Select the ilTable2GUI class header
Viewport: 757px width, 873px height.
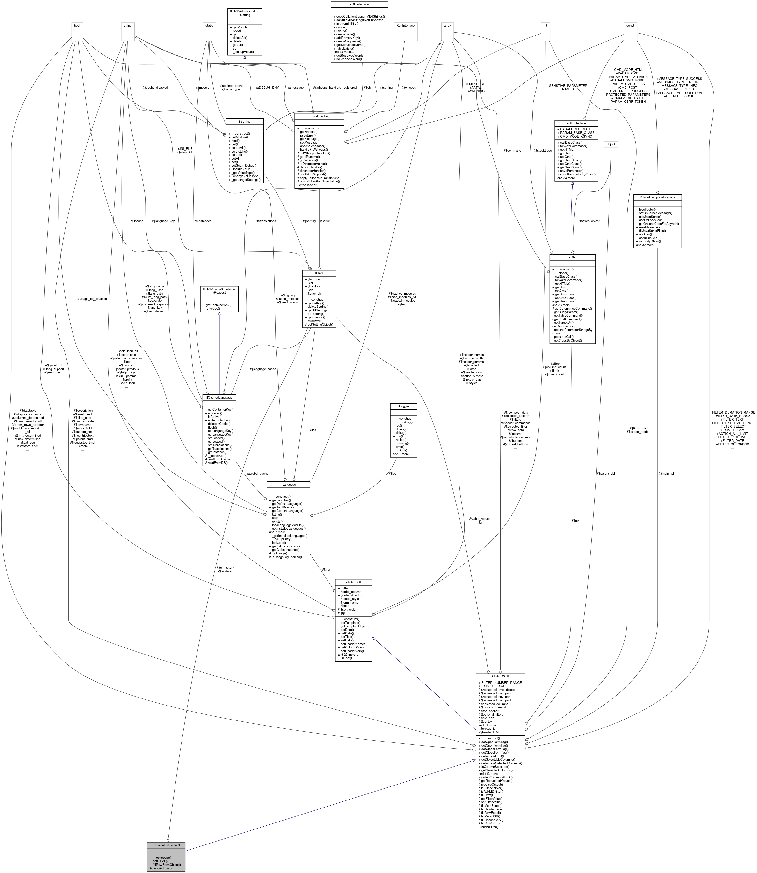500,676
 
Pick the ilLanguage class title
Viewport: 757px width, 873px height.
288,484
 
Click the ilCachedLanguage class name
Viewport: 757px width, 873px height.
219,397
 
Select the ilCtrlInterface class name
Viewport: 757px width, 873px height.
576,123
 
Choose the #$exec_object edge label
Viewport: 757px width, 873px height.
589,221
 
